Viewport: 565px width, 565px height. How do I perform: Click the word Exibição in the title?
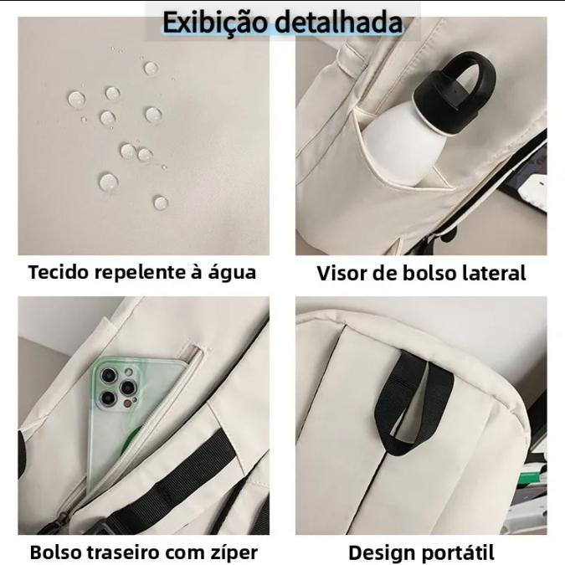pyautogui.click(x=216, y=23)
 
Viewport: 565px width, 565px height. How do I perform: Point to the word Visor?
pyautogui.click(x=342, y=273)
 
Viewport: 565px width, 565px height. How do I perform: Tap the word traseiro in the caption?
pyautogui.click(x=128, y=552)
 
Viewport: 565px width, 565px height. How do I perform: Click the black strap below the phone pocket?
pyautogui.click(x=169, y=486)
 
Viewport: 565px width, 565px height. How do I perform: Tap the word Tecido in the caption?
pyautogui.click(x=59, y=272)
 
